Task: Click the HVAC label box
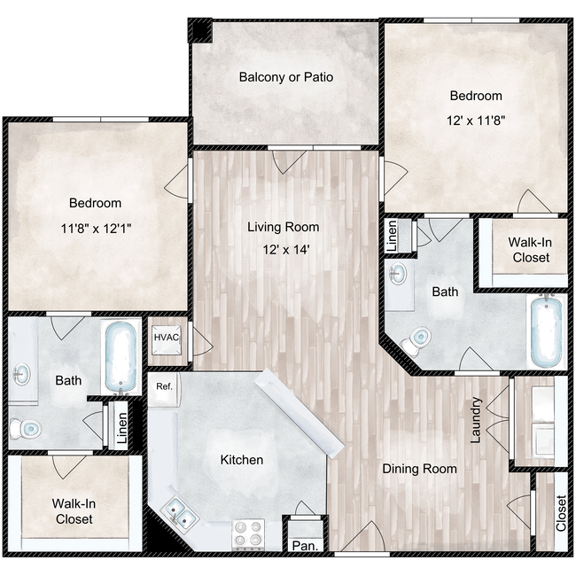167,338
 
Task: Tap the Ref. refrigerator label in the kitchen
164,386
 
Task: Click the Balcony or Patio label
285,76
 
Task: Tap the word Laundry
477,419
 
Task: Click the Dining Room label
419,468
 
